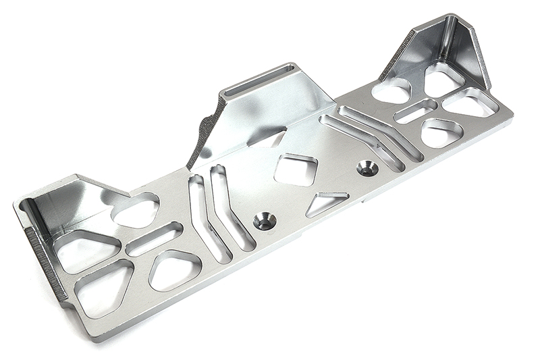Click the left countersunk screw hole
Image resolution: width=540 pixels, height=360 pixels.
[265, 221]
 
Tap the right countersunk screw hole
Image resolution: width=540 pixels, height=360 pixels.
[367, 168]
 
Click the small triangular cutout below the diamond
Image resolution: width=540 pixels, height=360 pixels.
[326, 203]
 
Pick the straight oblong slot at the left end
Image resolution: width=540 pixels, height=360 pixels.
[154, 238]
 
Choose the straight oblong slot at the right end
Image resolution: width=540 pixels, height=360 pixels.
[416, 111]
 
